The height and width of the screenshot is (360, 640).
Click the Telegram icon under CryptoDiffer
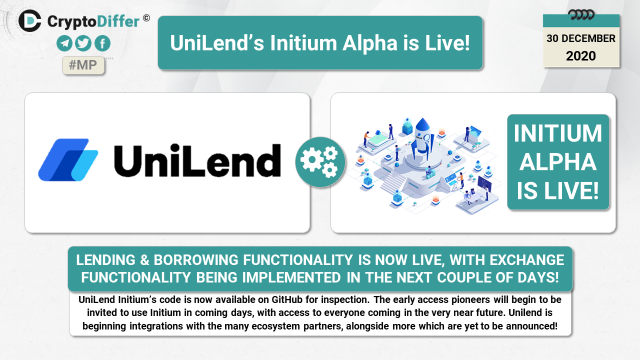coord(64,43)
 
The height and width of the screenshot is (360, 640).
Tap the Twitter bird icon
coord(83,43)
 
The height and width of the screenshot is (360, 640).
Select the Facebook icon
coord(102,43)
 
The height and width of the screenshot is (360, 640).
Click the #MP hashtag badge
coord(83,65)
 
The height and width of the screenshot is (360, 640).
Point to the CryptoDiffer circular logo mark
coord(29,21)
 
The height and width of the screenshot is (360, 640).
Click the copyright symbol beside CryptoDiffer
coord(146,18)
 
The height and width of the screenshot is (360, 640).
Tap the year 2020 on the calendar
coord(581,56)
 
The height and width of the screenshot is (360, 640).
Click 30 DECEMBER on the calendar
coord(581,38)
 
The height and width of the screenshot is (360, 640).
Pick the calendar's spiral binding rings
coord(581,15)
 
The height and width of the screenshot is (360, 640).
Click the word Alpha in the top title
coord(370,43)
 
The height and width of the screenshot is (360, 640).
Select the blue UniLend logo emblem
coord(68,159)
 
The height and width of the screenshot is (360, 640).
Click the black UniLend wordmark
coord(197,160)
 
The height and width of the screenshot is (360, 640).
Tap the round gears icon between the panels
coord(320,162)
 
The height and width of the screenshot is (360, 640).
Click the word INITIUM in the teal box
coord(557,133)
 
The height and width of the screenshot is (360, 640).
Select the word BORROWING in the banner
coord(196,260)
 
